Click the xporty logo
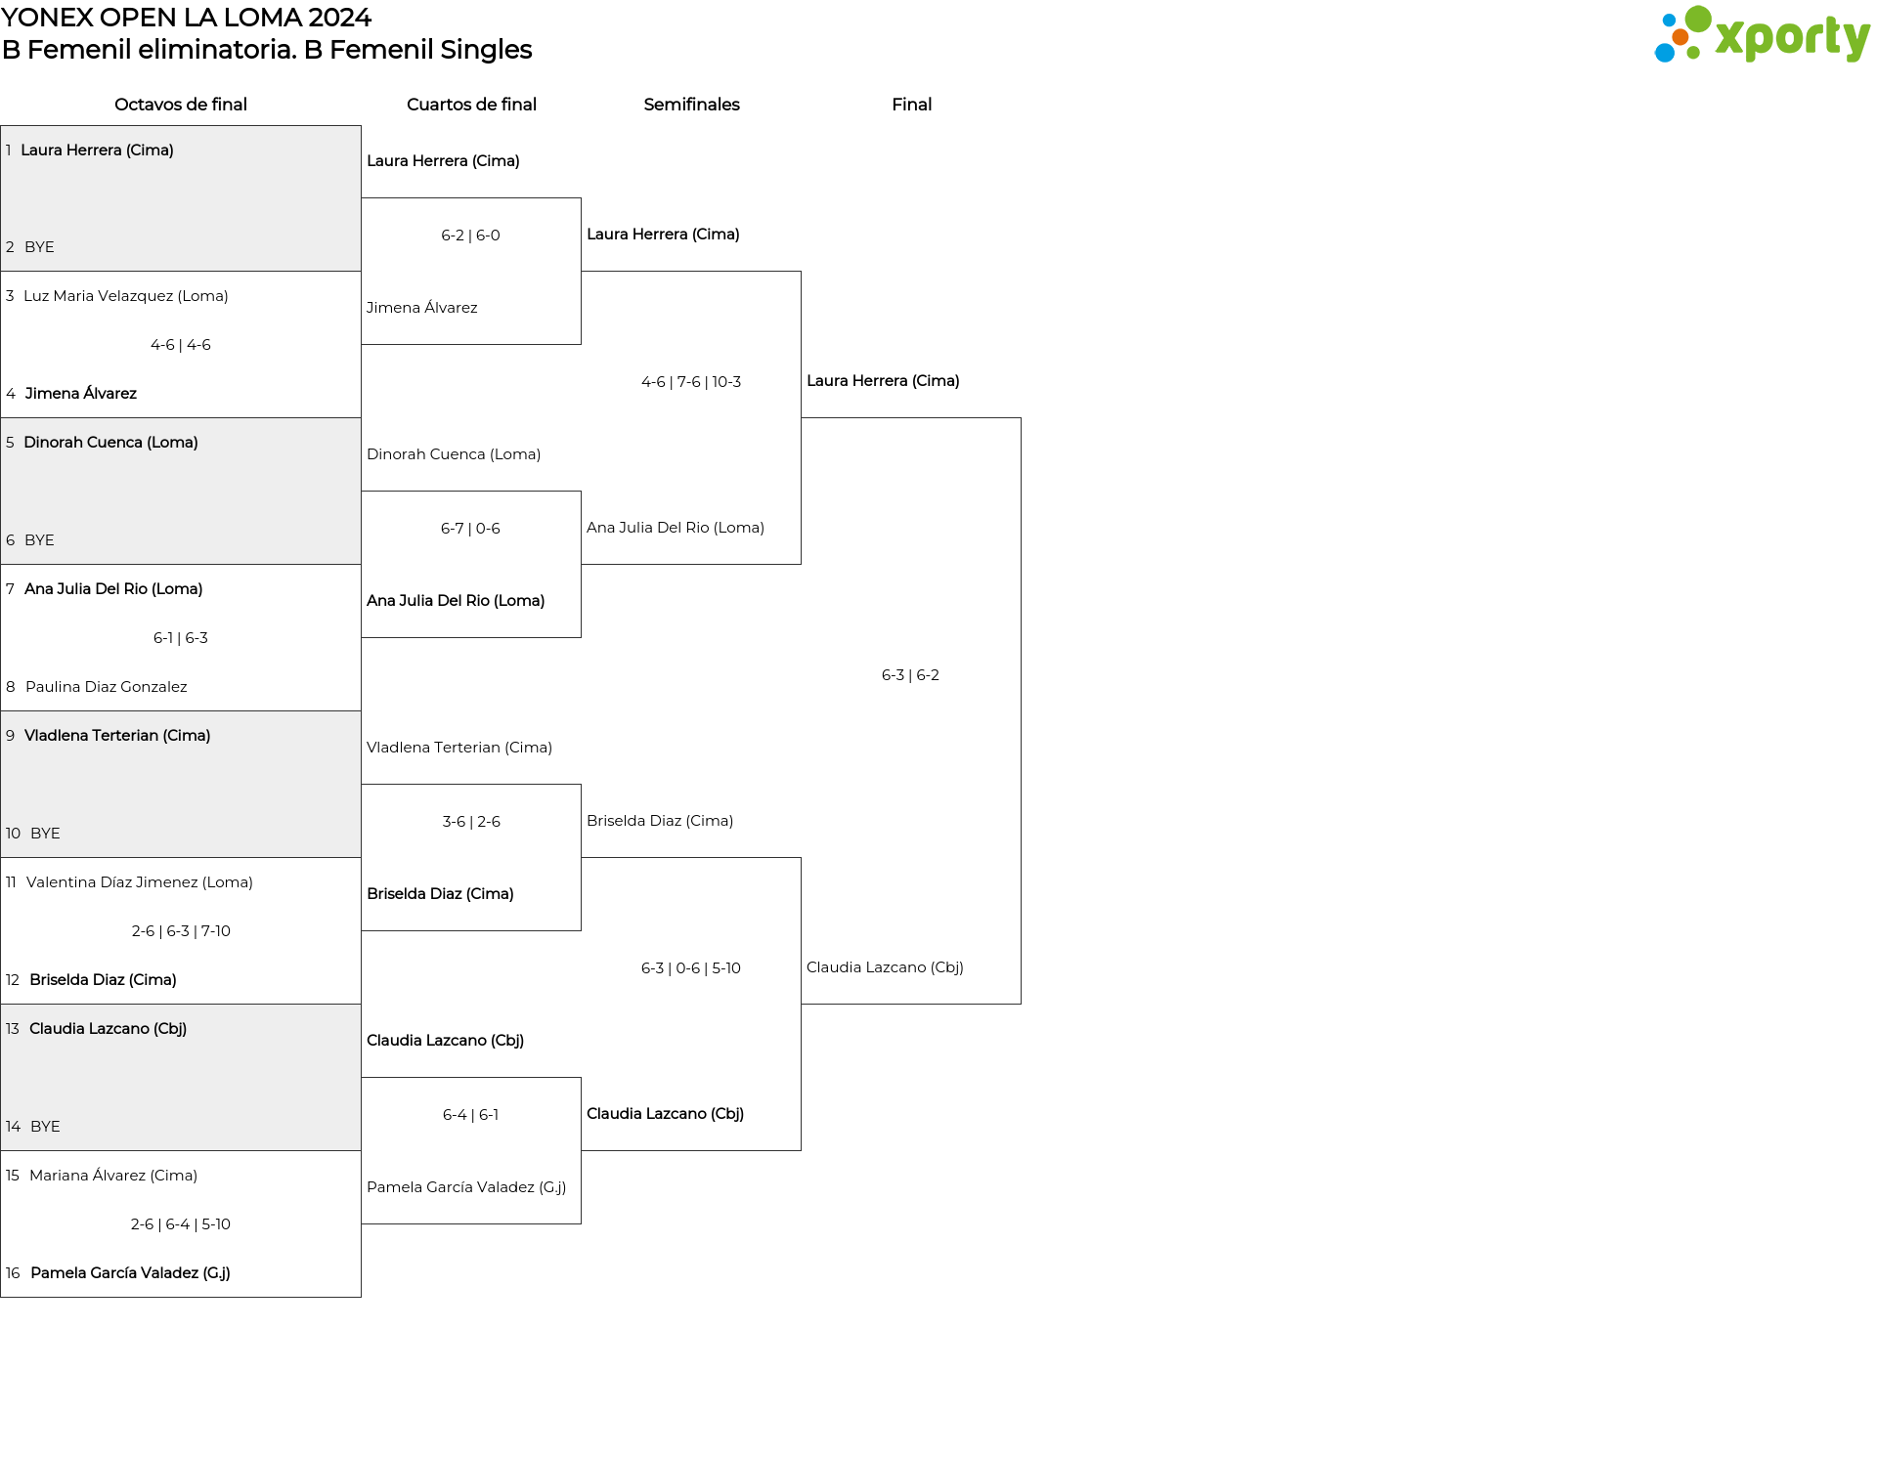coord(1762,35)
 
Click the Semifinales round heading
coord(691,105)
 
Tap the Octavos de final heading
coord(181,105)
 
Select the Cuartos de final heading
coord(471,105)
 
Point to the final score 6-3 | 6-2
coord(910,675)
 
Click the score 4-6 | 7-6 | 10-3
coord(691,382)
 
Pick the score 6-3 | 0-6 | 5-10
coord(691,968)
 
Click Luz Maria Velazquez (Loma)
coord(126,296)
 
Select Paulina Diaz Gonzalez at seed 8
coord(107,687)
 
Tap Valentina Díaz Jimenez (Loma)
coord(140,882)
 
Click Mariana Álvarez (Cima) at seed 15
coord(113,1176)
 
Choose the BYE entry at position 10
coord(45,834)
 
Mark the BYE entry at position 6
coord(39,540)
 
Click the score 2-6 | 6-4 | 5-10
coord(181,1224)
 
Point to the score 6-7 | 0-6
coord(470,529)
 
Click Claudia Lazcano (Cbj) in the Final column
coord(885,967)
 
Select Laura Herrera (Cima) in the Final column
coord(883,381)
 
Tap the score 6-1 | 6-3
coord(181,638)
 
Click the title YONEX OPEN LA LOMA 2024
coord(186,18)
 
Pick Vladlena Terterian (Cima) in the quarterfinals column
coord(459,748)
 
